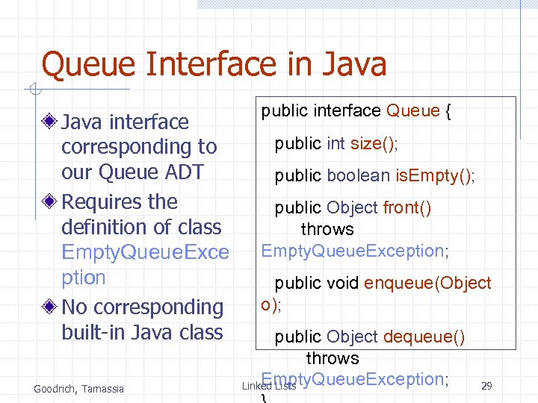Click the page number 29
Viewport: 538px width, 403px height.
click(x=486, y=386)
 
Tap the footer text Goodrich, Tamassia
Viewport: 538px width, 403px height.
click(x=78, y=388)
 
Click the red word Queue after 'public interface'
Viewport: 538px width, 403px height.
click(x=412, y=111)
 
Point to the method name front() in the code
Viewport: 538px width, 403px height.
click(x=406, y=207)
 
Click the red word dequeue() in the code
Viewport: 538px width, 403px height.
click(x=424, y=337)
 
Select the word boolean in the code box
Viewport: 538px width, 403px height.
click(x=358, y=175)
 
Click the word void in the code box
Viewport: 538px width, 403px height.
click(x=343, y=283)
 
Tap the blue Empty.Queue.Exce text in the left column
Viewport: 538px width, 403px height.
click(x=145, y=252)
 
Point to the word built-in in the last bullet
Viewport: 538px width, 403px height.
click(x=94, y=332)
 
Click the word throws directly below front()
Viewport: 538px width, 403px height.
click(x=327, y=229)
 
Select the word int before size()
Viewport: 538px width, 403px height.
click(x=336, y=143)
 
